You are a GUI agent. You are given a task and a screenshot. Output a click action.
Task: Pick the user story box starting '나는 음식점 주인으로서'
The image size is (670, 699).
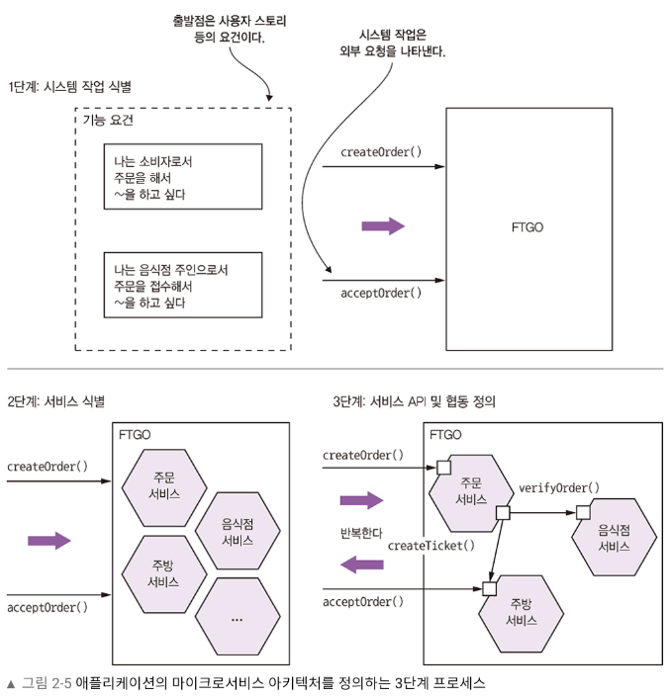click(183, 284)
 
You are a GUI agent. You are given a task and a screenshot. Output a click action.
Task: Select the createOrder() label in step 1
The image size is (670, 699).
click(381, 151)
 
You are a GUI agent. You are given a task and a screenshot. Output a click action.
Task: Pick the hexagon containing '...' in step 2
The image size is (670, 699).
click(237, 617)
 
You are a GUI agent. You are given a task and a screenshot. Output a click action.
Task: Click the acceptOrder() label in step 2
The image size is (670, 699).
click(47, 606)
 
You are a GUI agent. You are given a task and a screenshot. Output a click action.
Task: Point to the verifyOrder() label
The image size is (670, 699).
click(559, 488)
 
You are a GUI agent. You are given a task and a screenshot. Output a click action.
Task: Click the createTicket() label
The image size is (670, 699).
click(431, 545)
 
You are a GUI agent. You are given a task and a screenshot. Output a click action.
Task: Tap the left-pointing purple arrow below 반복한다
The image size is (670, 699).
click(360, 565)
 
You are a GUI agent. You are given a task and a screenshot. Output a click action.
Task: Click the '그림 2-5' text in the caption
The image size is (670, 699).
click(47, 682)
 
